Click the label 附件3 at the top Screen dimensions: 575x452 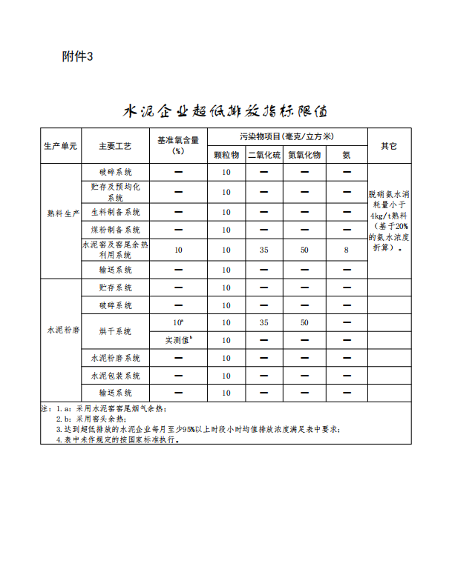point(78,57)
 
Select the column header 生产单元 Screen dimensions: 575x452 point(60,146)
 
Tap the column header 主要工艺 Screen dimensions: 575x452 point(115,146)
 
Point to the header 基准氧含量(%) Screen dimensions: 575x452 point(178,145)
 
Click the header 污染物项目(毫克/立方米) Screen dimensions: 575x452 point(287,136)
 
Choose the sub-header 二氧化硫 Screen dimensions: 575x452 point(264,155)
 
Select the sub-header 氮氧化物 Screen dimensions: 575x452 point(304,155)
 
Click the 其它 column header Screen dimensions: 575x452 point(389,146)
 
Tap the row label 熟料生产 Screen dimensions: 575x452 point(60,213)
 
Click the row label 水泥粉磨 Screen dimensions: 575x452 point(60,330)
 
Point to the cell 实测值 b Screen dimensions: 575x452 point(178,340)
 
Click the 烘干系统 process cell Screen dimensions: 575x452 point(115,330)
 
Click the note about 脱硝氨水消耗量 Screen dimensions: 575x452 point(389,221)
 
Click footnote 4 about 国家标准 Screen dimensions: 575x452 point(119,439)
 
